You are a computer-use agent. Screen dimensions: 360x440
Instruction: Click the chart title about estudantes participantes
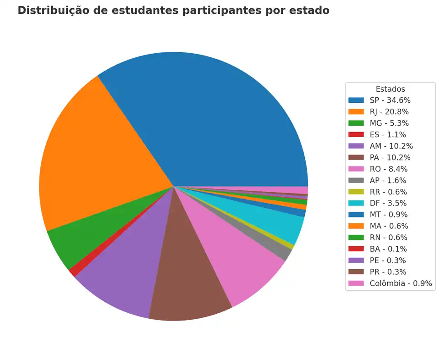click(x=173, y=11)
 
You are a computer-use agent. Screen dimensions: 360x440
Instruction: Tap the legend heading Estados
click(x=390, y=89)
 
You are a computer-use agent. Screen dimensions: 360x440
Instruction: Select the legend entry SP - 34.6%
click(x=390, y=100)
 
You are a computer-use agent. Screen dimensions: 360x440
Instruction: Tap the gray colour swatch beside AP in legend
click(x=356, y=180)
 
